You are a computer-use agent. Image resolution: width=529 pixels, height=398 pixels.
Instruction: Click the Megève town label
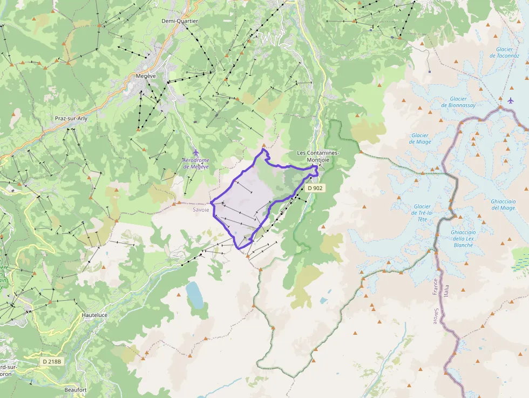click(x=146, y=76)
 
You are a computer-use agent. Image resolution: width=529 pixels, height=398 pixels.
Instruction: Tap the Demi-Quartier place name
click(x=180, y=21)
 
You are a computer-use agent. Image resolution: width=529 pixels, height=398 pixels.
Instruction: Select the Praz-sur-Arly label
click(x=71, y=118)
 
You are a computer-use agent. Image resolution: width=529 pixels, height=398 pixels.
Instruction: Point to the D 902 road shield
click(x=315, y=188)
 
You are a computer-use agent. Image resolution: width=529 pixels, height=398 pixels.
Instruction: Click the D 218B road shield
click(x=52, y=361)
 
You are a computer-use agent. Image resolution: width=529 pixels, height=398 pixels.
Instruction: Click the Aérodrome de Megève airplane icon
click(x=195, y=153)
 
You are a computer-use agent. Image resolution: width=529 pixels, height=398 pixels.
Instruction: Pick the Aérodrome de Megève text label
click(x=196, y=164)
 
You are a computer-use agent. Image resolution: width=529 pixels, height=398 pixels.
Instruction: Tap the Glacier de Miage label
click(x=419, y=139)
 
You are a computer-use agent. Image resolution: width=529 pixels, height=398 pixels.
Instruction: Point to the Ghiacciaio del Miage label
click(x=503, y=205)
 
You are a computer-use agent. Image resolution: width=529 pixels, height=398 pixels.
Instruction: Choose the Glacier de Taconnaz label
click(x=504, y=52)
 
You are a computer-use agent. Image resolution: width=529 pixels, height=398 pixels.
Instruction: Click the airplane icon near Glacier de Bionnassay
click(x=511, y=100)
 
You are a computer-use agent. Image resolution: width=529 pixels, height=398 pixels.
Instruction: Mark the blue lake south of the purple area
click(x=194, y=295)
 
